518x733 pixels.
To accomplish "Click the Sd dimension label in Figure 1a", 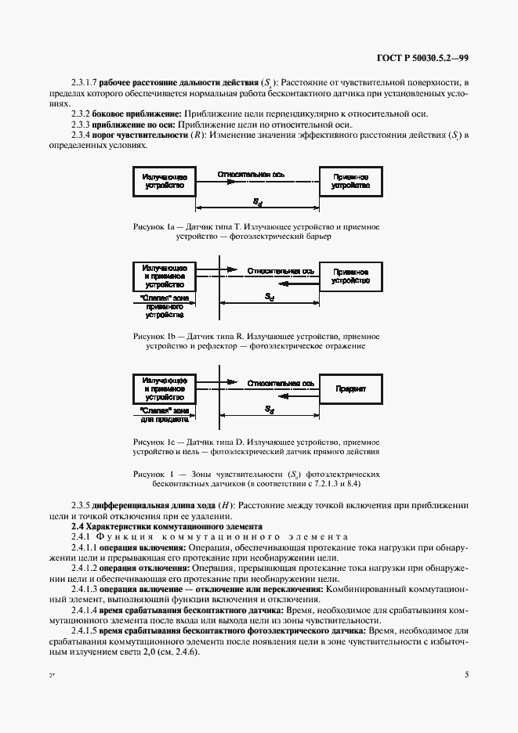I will tap(257, 200).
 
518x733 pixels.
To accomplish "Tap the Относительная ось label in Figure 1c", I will tap(281, 384).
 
